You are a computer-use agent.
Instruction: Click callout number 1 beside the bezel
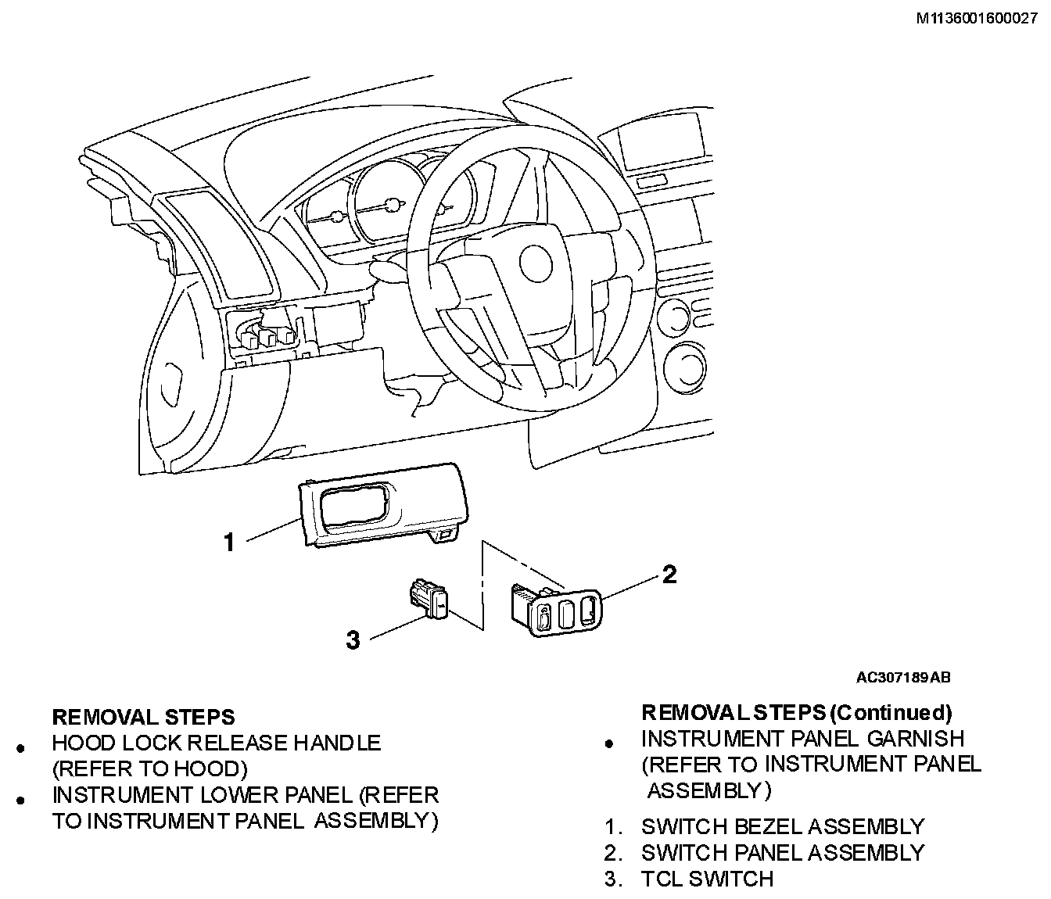click(x=229, y=543)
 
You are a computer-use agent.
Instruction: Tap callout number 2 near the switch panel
click(x=669, y=575)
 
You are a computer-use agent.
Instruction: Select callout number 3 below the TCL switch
click(x=353, y=639)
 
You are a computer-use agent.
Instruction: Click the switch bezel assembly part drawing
click(x=383, y=505)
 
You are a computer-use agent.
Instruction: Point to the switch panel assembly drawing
click(x=556, y=609)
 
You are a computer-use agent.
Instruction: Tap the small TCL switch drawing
click(x=429, y=599)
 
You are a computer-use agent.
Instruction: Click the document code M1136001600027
click(x=976, y=19)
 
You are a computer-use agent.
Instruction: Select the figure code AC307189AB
click(x=903, y=678)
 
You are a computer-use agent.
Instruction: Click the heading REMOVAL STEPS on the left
click(x=143, y=718)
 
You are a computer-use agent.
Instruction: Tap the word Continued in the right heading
click(x=890, y=713)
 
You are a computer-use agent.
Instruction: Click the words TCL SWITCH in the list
click(x=707, y=879)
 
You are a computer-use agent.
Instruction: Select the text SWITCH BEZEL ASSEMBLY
click(x=783, y=827)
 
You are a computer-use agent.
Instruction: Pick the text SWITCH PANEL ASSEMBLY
click(x=783, y=853)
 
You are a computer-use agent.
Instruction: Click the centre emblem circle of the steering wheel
click(x=536, y=263)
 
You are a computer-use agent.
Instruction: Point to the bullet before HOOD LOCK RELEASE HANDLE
click(x=20, y=748)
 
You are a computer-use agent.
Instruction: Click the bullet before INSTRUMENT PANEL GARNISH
click(x=609, y=744)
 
